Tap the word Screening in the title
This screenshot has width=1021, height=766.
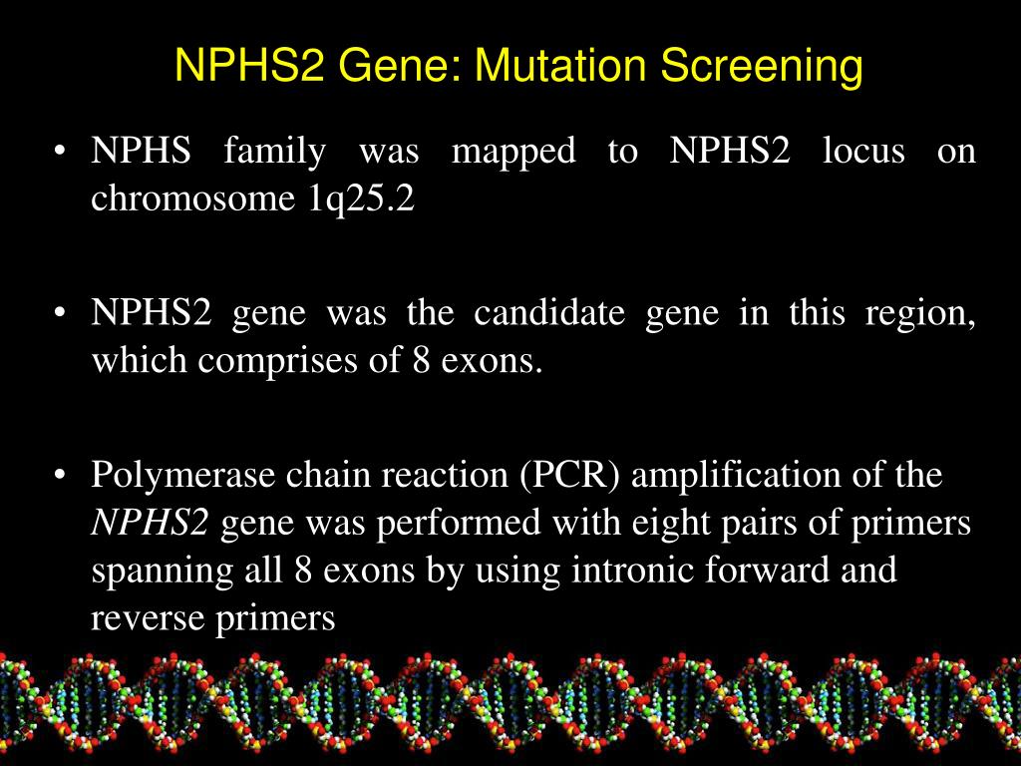coord(763,67)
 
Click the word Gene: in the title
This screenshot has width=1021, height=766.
coord(403,67)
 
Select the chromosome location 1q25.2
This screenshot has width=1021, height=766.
coord(355,198)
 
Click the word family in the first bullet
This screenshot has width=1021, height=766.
coord(274,153)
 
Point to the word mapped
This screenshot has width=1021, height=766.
coord(513,153)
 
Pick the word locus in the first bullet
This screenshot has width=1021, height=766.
coord(863,153)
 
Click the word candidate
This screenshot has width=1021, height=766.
coord(549,314)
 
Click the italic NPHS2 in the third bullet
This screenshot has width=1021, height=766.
coord(151,523)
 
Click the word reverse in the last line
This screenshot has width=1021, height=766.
coord(148,619)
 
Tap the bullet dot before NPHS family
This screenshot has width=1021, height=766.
coord(61,154)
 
